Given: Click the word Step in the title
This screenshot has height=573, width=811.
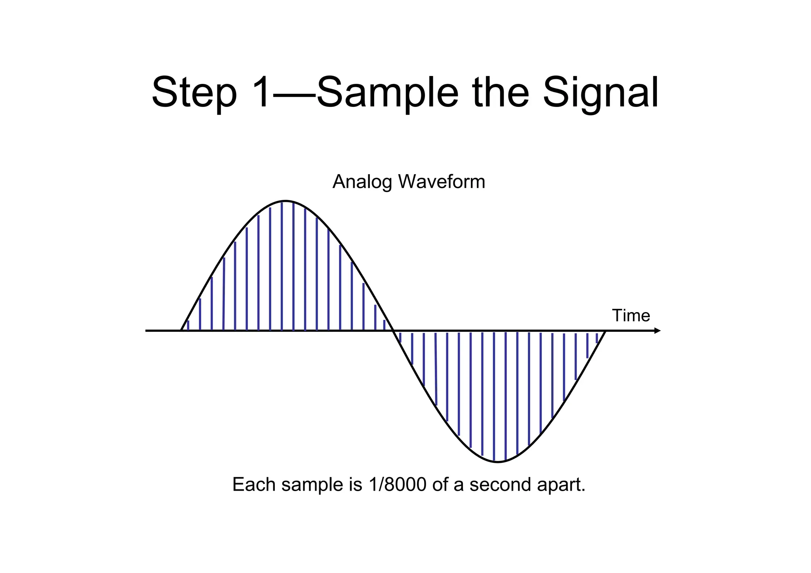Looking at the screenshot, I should pos(194,93).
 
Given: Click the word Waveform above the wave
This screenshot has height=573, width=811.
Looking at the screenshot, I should pos(442,182).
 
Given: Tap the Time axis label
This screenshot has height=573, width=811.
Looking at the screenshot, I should pos(631,316).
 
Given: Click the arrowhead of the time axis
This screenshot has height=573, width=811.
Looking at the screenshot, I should pos(657,331).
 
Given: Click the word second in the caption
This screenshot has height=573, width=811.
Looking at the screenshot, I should pos(500,484).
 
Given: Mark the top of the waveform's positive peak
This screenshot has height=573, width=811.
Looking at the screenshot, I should pos(286,201).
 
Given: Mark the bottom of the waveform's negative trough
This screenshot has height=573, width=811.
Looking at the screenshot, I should pos(498,462).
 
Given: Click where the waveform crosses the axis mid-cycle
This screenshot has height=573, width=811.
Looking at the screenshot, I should pos(393,331).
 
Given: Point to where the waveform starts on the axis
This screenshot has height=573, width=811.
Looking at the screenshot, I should pos(181,330).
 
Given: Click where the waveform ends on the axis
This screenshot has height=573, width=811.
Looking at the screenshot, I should pos(605,331).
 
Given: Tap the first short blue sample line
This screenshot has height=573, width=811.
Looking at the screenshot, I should pos(188,326).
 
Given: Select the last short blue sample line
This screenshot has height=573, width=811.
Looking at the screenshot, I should pos(597,338).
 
